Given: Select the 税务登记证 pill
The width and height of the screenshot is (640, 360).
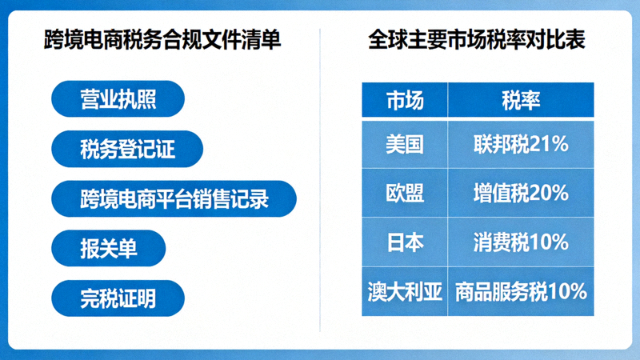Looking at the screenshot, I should [x=126, y=149].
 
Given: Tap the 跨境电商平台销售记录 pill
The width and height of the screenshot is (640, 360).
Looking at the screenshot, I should [x=174, y=198].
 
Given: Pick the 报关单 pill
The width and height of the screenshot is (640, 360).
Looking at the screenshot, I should [x=108, y=248].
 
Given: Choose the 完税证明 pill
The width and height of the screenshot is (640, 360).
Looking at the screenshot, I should [x=118, y=298].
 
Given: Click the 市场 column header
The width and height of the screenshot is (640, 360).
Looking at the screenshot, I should [x=404, y=101].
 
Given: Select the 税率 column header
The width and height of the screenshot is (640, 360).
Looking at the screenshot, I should [x=521, y=101].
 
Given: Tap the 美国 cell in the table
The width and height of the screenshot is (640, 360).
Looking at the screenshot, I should [x=404, y=144].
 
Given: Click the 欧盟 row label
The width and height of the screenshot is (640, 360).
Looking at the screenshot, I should [x=404, y=193].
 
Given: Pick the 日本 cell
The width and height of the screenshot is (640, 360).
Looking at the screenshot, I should [x=404, y=242].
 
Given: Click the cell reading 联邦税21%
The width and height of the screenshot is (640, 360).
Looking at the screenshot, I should [x=521, y=144].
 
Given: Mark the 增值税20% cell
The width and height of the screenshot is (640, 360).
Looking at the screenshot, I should [x=521, y=193].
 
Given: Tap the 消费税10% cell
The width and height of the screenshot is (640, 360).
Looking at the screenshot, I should [x=521, y=242].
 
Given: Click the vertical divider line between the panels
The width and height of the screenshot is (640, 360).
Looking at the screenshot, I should [x=320, y=180].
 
